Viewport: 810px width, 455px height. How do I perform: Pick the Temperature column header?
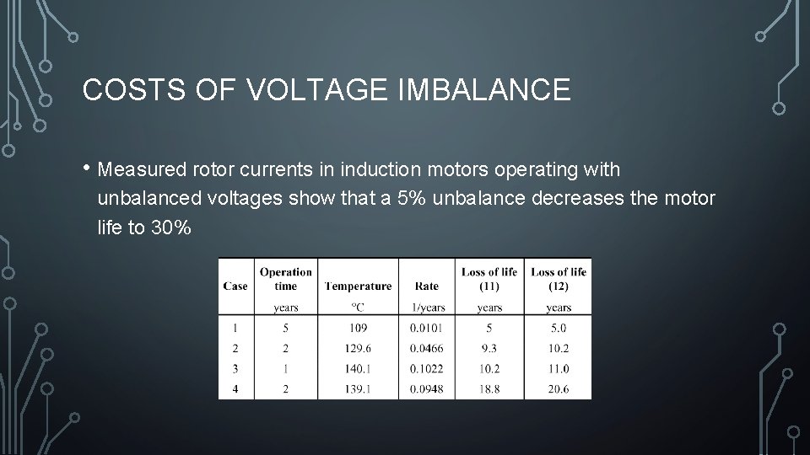tap(358, 286)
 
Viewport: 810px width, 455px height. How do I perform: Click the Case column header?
tap(235, 286)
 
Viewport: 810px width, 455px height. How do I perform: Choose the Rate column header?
tap(426, 286)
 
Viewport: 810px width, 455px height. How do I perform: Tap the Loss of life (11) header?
tap(489, 279)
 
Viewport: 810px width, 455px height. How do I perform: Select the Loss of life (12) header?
tap(559, 279)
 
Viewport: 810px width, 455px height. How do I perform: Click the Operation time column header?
tap(285, 279)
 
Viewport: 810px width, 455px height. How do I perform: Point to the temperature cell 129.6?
tap(358, 348)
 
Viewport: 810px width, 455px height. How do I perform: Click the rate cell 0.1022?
tap(426, 368)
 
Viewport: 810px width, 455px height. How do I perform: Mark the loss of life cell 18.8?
tap(489, 388)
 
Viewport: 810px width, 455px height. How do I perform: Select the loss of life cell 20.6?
tap(559, 388)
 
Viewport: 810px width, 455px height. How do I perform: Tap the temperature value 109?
tap(358, 328)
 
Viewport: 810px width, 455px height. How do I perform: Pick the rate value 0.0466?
tap(426, 348)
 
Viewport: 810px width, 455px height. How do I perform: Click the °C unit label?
tap(358, 308)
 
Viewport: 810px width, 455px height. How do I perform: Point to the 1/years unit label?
tap(426, 308)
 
